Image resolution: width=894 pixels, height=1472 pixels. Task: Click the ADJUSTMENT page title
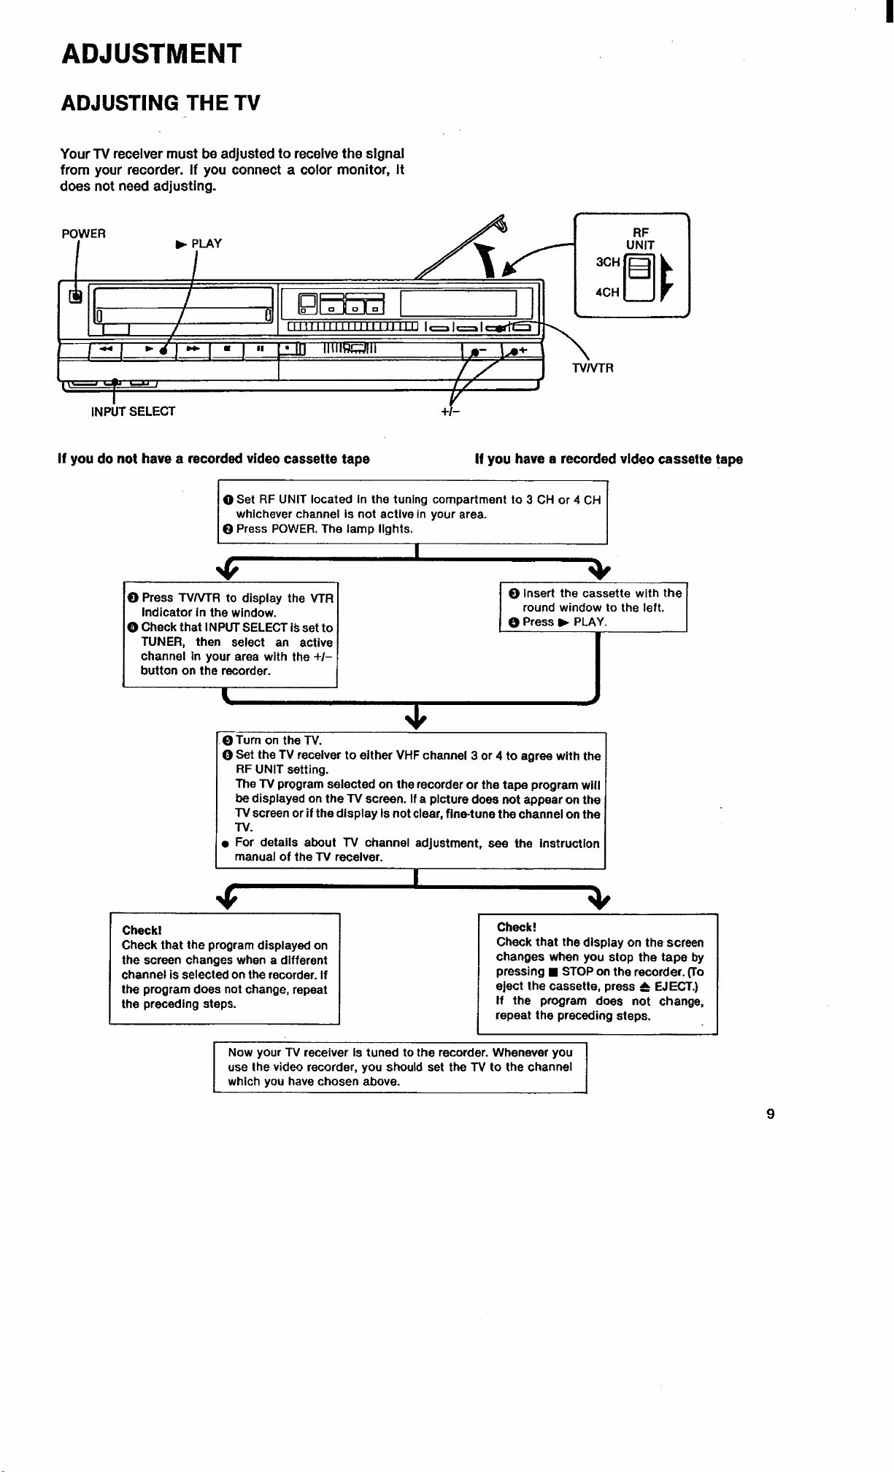(x=151, y=54)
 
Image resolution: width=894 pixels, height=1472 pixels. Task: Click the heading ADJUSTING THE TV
(x=160, y=103)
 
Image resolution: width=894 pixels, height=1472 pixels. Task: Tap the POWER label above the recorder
(x=84, y=234)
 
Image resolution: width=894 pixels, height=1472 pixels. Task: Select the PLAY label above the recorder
(x=199, y=244)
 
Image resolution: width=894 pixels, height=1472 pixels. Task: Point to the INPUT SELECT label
(x=133, y=412)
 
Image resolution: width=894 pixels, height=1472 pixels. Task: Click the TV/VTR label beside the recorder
(x=593, y=368)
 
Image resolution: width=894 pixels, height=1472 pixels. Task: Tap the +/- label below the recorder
(x=451, y=412)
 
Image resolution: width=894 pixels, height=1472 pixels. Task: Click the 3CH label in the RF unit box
(x=608, y=262)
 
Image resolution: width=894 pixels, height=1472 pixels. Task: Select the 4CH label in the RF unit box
(x=607, y=293)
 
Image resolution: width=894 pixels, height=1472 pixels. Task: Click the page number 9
(x=771, y=1114)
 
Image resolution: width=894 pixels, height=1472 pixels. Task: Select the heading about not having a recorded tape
(x=214, y=459)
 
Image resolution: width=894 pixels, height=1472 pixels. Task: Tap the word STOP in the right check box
(x=577, y=972)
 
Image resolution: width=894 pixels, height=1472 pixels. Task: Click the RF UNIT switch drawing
(x=638, y=277)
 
